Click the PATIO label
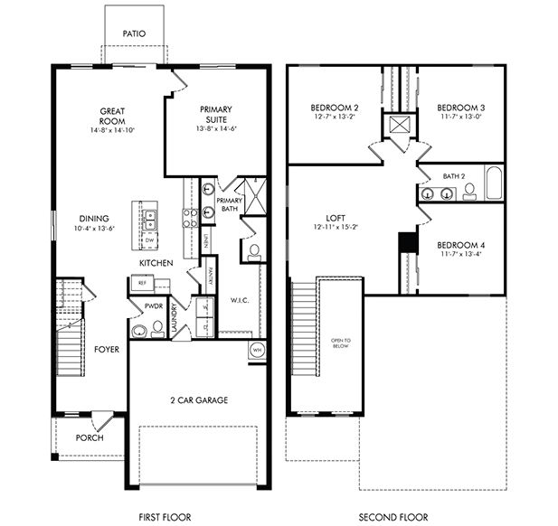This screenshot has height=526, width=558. pos(134,33)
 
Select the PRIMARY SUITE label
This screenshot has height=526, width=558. pos(217,116)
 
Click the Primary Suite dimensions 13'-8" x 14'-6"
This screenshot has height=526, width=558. pos(217,129)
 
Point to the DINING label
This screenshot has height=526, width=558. pos(93,218)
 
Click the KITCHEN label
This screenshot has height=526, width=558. pos(156,262)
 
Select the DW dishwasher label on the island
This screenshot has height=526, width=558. pos(148,240)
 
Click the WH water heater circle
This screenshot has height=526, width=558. pos(257,349)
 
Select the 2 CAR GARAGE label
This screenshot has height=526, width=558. pos(198,399)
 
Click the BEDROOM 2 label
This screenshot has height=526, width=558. pos(331,106)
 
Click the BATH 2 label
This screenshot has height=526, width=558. pos(454,176)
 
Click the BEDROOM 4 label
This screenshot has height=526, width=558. pos(461,245)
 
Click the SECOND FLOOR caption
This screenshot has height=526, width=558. pos(395,517)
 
